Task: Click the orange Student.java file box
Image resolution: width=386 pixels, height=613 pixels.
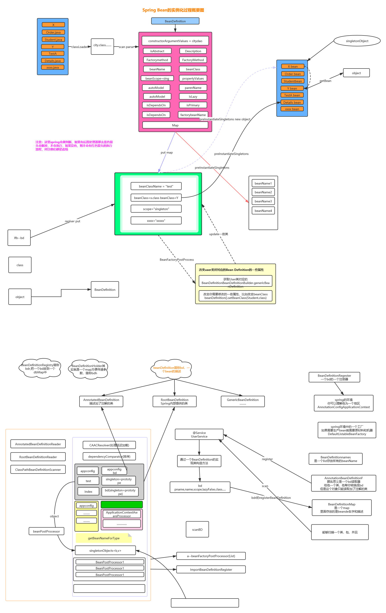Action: tap(53, 40)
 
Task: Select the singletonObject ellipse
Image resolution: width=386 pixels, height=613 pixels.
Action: tap(357, 41)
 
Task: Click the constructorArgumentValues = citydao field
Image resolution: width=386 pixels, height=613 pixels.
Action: tap(175, 41)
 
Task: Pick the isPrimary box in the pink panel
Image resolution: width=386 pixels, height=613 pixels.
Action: tap(193, 105)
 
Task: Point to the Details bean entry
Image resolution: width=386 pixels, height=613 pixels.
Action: tap(292, 102)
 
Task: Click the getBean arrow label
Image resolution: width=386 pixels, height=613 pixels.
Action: tap(325, 81)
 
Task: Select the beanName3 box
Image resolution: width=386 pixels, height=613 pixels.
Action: tap(263, 201)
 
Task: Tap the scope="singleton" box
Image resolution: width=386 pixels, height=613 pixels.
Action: tap(156, 209)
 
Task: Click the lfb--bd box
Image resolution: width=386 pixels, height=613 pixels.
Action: tap(19, 238)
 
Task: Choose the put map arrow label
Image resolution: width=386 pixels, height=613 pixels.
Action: tap(167, 152)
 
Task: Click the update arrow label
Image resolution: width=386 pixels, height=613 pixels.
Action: tap(219, 234)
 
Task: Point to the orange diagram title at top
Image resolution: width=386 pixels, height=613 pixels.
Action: tap(173, 10)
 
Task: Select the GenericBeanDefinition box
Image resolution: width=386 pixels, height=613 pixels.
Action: tap(243, 401)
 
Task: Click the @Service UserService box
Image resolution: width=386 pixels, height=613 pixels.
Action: tap(199, 435)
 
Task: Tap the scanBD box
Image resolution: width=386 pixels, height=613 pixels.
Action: tap(197, 530)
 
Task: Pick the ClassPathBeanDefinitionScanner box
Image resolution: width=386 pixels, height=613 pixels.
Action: tap(38, 470)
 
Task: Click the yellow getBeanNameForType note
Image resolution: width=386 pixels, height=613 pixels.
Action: tap(104, 538)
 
